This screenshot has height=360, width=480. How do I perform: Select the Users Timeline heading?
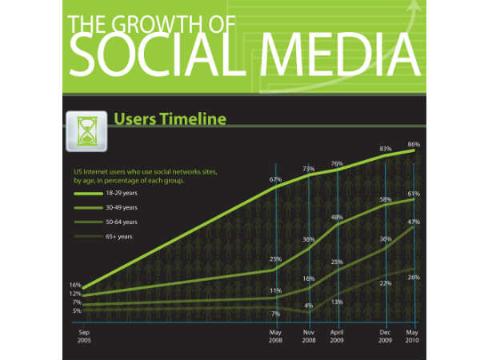[x=170, y=120]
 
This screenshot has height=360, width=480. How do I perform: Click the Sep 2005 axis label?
[x=83, y=335]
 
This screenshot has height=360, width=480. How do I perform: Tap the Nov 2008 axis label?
[x=308, y=335]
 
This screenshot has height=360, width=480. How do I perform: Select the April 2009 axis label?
[x=338, y=335]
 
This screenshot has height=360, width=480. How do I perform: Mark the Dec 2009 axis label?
[x=386, y=335]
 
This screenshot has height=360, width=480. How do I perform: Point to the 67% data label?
[x=276, y=179]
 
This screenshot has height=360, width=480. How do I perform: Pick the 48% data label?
[x=338, y=218]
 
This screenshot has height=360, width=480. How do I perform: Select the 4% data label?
[x=308, y=306]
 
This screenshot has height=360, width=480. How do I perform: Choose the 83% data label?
[x=386, y=149]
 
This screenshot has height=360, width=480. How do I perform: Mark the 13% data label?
[x=338, y=302]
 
